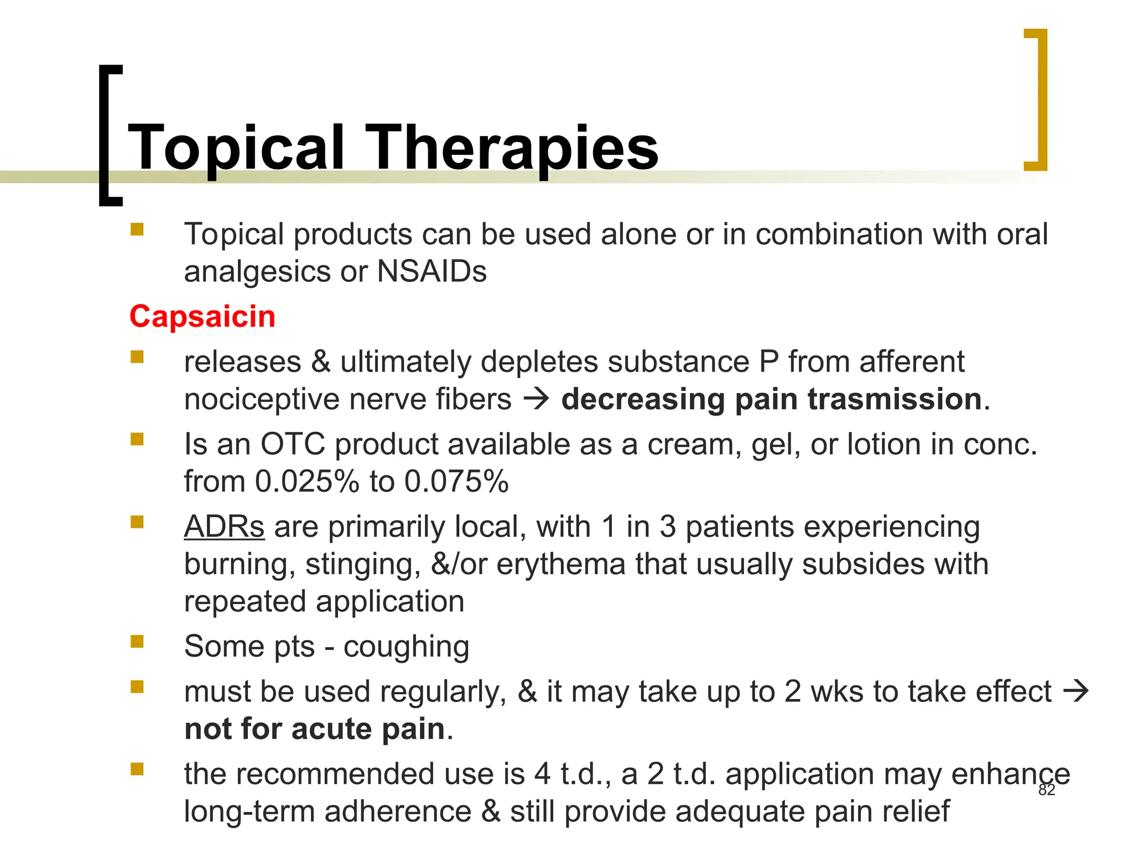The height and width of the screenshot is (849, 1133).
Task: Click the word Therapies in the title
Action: [x=511, y=148]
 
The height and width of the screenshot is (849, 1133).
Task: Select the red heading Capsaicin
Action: [x=202, y=317]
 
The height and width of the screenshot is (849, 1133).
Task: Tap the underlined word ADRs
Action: [x=224, y=526]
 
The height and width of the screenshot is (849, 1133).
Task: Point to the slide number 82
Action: [x=1047, y=790]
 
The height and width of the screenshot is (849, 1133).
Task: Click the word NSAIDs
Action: [x=432, y=271]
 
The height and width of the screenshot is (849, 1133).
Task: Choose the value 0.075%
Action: [x=456, y=481]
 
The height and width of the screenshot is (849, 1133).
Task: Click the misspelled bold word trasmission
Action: [x=895, y=399]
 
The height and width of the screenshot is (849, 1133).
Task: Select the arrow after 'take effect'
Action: [x=1076, y=691]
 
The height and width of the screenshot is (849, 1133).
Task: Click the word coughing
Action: [x=406, y=646]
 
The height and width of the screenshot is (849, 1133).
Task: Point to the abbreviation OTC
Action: [x=293, y=444]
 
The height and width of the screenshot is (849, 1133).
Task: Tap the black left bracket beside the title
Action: [x=110, y=135]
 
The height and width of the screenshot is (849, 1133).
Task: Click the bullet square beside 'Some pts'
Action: [x=137, y=641]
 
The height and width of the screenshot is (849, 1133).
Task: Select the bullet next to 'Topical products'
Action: [x=137, y=229]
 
